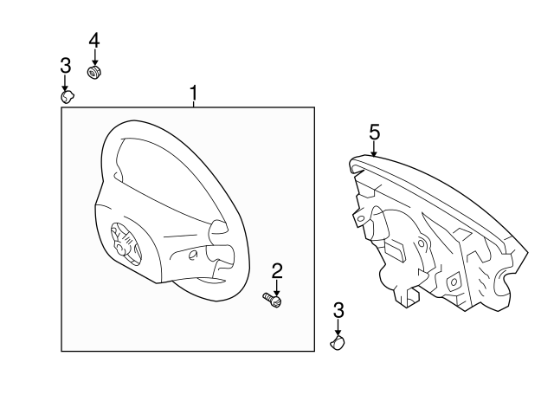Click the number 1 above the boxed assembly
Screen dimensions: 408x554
click(194, 92)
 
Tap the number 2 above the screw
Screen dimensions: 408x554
click(277, 271)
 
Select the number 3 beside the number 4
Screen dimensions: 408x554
click(65, 65)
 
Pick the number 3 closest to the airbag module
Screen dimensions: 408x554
click(338, 311)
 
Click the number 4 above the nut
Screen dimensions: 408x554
click(94, 40)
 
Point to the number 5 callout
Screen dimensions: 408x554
click(374, 132)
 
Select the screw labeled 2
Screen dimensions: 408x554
click(273, 300)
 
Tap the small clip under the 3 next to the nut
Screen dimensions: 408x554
click(66, 96)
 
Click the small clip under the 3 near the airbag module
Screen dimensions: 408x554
click(338, 344)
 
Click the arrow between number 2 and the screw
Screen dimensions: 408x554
click(277, 286)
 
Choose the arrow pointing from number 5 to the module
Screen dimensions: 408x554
click(374, 148)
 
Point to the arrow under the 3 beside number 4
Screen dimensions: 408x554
click(65, 82)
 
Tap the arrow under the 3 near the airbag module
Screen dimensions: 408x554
click(338, 328)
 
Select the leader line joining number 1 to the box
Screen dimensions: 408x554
click(194, 104)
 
